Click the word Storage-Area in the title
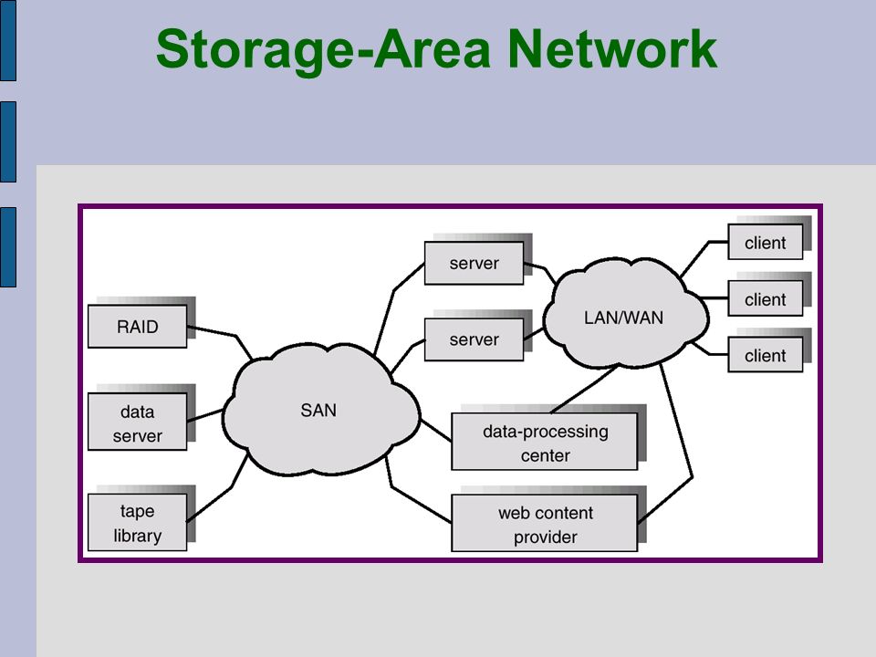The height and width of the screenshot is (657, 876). point(323,49)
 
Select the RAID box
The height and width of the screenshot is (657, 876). point(138,327)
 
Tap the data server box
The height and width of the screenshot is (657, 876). point(138,422)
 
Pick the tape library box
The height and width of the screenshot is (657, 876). point(138,522)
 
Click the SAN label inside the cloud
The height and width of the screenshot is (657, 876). point(318,410)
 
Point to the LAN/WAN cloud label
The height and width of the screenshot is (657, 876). point(623,318)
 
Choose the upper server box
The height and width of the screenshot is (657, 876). point(474,263)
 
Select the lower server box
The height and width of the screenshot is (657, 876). point(474,339)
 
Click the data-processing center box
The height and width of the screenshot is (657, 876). point(545,442)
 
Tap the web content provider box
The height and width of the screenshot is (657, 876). point(545,524)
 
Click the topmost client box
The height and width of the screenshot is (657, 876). point(766,242)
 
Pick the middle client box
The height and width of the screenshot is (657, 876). point(766,299)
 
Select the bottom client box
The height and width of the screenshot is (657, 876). point(766,355)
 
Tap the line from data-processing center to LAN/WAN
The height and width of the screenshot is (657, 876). point(584,390)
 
